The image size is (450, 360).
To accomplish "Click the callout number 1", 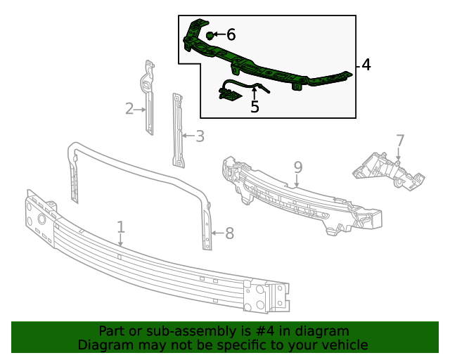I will [x=121, y=226].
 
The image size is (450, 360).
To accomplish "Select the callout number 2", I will [x=129, y=108].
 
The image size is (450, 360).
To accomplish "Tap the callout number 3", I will [x=200, y=136].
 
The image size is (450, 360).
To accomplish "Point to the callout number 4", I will [x=366, y=65].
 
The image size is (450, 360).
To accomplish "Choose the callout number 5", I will [x=255, y=107].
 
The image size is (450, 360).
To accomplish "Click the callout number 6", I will [x=231, y=34].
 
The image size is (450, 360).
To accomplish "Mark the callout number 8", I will [x=229, y=233].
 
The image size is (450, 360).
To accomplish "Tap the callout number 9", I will [x=297, y=167].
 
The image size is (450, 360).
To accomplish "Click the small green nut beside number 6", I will [x=210, y=34].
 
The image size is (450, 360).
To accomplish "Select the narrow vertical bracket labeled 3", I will [x=178, y=130].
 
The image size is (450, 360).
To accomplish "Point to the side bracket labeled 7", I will [x=387, y=172].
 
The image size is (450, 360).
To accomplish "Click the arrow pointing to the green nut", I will [x=219, y=34].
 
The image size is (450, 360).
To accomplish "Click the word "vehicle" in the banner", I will [x=344, y=345].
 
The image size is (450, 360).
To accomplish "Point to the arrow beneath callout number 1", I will [x=121, y=240].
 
